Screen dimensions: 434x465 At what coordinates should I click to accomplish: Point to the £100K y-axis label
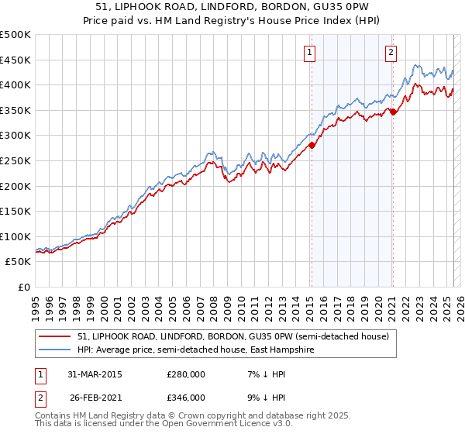15,236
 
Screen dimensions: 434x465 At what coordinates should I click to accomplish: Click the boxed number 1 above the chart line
309,53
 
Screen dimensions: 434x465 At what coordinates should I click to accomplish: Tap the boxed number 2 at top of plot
390,53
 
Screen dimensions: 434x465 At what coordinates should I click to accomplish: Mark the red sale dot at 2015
312,145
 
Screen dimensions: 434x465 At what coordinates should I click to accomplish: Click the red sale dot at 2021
393,112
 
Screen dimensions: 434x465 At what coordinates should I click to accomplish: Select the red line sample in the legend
56,336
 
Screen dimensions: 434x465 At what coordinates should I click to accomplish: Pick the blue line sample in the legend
56,350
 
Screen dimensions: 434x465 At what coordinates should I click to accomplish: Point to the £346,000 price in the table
186,397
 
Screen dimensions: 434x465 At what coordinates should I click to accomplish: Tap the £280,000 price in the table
186,374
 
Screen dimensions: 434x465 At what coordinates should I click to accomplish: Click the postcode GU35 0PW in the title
303,7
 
